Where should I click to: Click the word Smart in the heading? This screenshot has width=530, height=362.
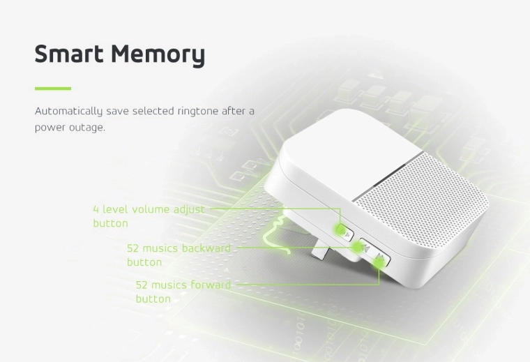(x=69, y=54)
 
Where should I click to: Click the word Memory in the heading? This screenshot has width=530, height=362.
(x=158, y=55)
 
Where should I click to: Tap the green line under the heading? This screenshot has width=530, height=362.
(x=53, y=89)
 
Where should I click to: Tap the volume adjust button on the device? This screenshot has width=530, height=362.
(x=345, y=232)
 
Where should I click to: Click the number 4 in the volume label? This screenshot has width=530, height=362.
(x=96, y=209)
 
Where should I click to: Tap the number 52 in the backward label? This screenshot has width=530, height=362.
(x=132, y=249)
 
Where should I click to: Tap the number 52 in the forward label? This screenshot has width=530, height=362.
(x=142, y=285)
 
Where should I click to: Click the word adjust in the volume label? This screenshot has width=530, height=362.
(x=189, y=210)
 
